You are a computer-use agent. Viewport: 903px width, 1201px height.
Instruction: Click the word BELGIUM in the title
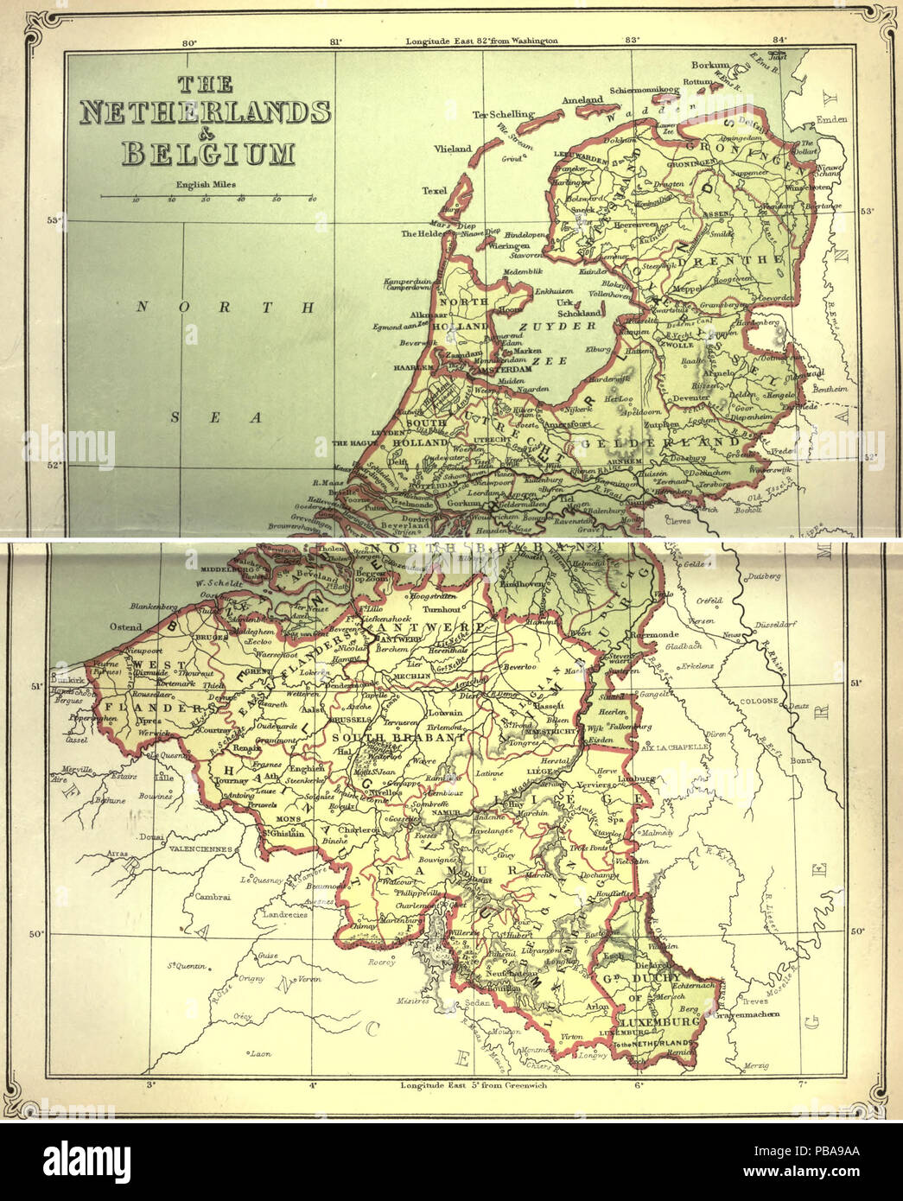pos(208,153)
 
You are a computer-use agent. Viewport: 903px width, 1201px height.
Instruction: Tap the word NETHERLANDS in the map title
pos(205,113)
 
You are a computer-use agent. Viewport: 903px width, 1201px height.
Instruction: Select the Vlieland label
pos(453,149)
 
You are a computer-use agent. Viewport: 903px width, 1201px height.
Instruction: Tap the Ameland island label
pos(582,100)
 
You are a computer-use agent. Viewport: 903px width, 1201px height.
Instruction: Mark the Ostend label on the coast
pos(125,626)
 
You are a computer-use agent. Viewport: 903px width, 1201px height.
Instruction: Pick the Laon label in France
pos(260,1054)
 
